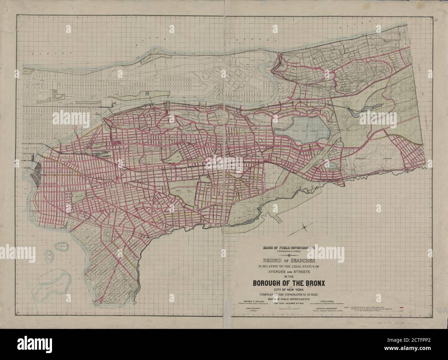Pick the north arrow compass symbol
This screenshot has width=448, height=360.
pos(306,227)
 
